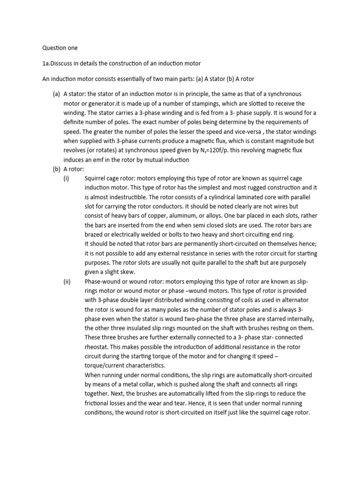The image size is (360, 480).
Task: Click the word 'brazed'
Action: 95,235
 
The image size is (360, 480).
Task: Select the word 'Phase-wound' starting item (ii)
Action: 104,282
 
